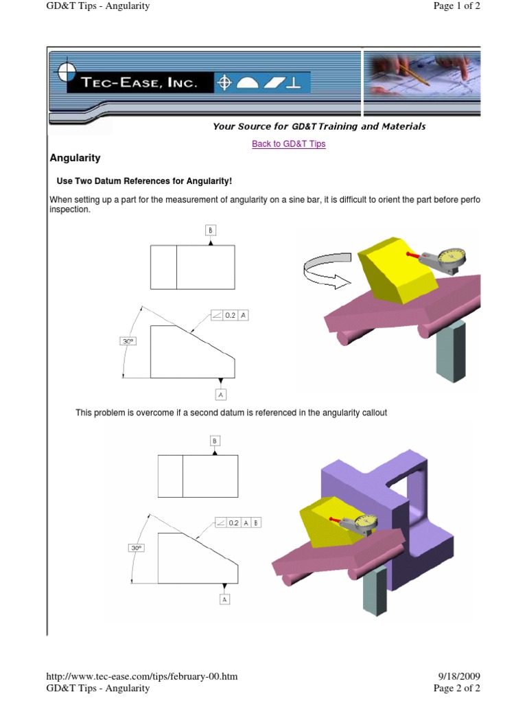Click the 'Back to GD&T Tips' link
[x=289, y=144]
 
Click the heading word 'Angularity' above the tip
[x=75, y=158]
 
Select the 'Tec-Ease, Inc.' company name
[x=139, y=82]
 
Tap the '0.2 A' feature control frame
[x=230, y=315]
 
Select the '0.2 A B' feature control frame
[x=238, y=522]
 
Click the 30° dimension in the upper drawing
[x=128, y=341]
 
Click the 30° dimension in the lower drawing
[x=137, y=548]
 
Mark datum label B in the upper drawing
[x=211, y=231]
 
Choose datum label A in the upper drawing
[x=220, y=395]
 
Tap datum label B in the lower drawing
[x=215, y=441]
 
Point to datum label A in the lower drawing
[x=224, y=599]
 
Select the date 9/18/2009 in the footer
[x=459, y=676]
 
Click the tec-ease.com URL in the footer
[x=141, y=676]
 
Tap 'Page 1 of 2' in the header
[x=456, y=5]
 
